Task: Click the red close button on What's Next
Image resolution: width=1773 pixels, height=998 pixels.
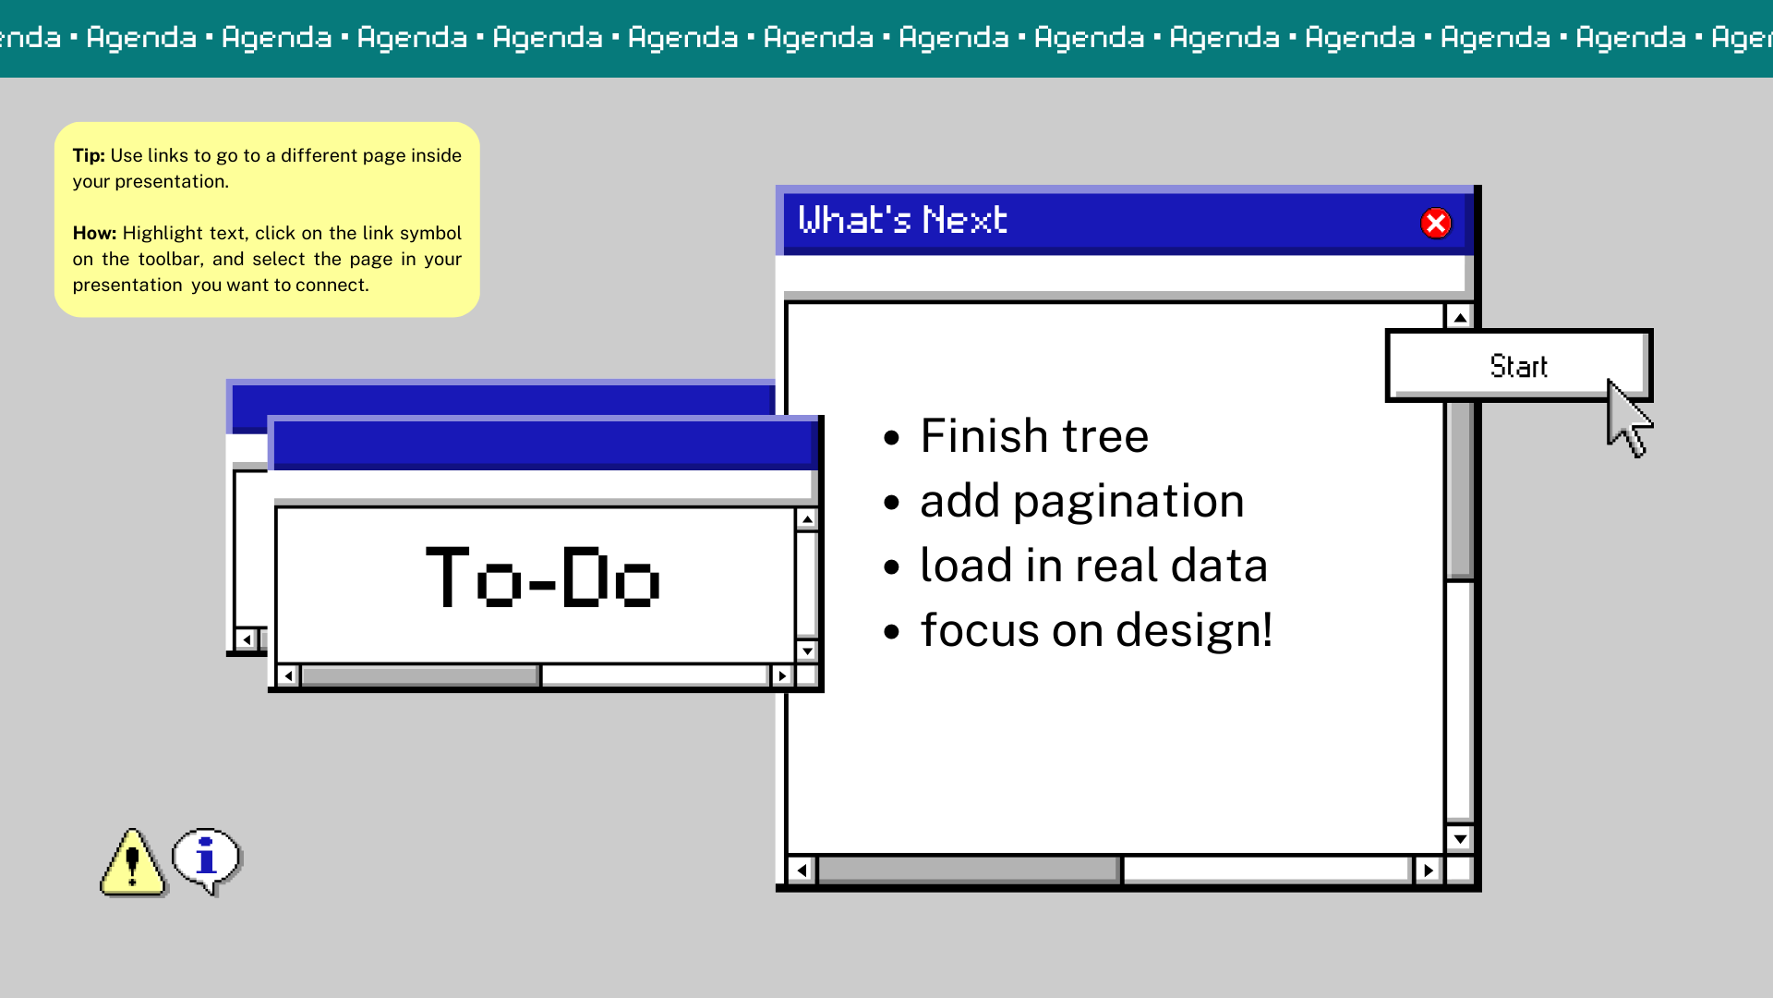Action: click(x=1436, y=223)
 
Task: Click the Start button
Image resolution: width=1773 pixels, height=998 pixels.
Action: click(x=1518, y=365)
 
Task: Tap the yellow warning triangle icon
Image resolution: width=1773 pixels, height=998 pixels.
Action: click(x=133, y=862)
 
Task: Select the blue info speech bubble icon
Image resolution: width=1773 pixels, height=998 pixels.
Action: click(x=207, y=860)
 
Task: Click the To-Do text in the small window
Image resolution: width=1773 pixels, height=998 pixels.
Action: click(x=543, y=578)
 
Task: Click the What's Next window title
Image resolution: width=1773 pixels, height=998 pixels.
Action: click(x=902, y=220)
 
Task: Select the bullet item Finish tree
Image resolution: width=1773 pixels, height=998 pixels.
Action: click(x=1034, y=435)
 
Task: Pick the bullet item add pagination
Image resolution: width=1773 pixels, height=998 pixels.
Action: click(x=1082, y=502)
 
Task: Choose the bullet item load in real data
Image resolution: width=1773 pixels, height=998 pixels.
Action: click(x=1094, y=565)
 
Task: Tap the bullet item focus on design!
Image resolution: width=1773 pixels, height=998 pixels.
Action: click(x=1097, y=630)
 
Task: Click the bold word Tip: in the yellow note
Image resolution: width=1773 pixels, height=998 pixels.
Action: click(x=89, y=155)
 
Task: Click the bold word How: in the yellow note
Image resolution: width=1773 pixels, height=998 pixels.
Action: click(x=94, y=233)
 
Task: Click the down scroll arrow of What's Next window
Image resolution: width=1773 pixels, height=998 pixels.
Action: click(x=1460, y=839)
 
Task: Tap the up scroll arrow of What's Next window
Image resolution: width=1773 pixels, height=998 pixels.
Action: click(x=1460, y=318)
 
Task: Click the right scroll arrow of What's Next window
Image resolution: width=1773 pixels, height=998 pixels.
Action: click(x=1429, y=870)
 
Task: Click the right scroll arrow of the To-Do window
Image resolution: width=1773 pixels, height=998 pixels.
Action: click(x=782, y=675)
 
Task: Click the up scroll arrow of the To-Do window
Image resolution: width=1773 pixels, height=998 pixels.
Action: click(x=807, y=519)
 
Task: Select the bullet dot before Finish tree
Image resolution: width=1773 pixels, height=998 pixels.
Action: click(x=891, y=437)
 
